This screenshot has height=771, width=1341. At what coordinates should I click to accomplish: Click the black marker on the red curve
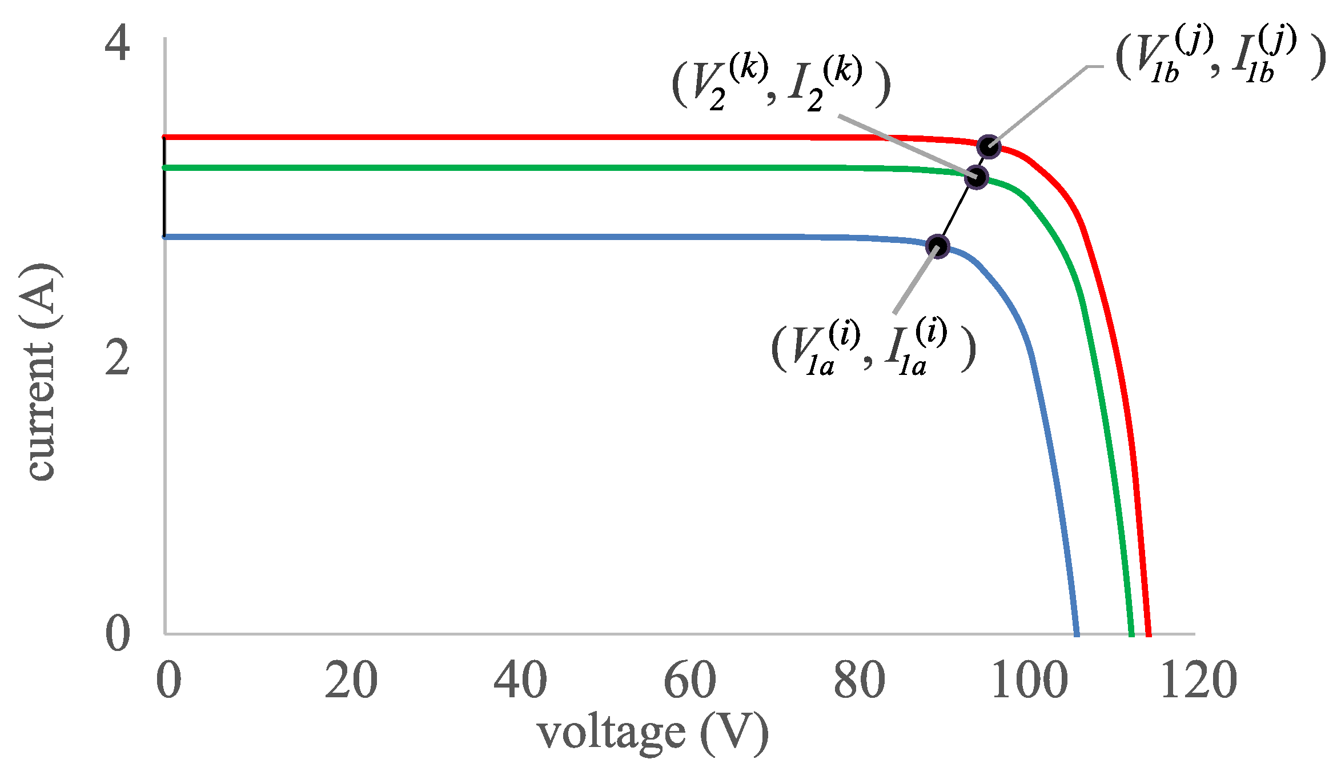(989, 147)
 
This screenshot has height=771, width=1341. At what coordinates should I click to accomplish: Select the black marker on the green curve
(976, 177)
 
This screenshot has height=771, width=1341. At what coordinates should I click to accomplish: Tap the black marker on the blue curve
(937, 246)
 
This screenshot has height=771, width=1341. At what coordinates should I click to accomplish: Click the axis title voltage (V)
(653, 733)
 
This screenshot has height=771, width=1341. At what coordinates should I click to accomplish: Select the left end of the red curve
(165, 137)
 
